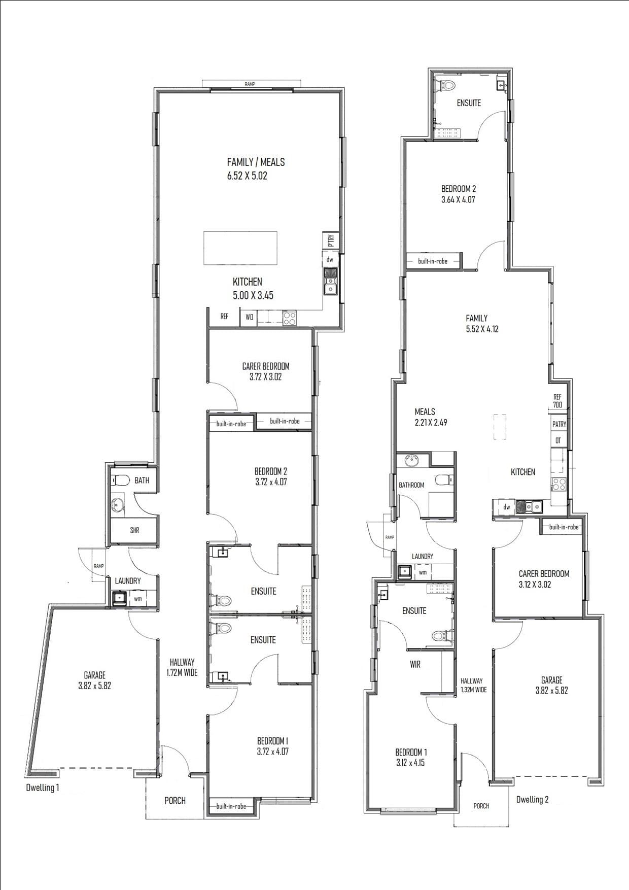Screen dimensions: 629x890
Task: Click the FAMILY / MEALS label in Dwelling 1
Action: pos(256,162)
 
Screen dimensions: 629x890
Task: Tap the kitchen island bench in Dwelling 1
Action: pos(240,248)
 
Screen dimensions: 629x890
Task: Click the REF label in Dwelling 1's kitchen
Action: pos(224,317)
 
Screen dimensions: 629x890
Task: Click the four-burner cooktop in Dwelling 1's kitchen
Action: pos(289,318)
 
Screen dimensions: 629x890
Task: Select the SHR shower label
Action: pos(134,531)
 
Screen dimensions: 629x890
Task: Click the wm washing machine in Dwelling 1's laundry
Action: pos(137,599)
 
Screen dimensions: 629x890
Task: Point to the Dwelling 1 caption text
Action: pos(43,788)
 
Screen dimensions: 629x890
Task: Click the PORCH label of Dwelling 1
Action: pos(175,801)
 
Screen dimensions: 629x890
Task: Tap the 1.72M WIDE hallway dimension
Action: pos(182,673)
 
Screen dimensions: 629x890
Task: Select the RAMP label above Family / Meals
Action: pos(250,84)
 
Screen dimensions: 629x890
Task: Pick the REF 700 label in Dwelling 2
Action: pos(557,401)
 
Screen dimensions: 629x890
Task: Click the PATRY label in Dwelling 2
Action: pos(559,424)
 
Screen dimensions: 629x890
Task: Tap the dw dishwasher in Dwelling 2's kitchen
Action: pos(507,507)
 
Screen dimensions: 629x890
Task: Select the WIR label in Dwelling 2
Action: pos(415,665)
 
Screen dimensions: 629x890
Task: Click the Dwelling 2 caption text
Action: pos(532,800)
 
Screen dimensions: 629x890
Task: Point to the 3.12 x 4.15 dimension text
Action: pos(410,763)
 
